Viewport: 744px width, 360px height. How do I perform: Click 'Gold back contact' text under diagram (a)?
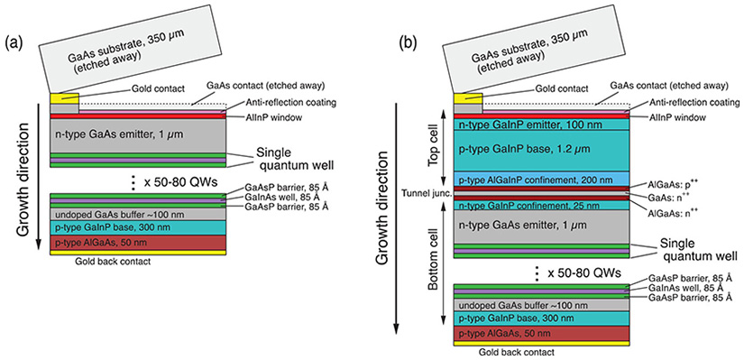[x=108, y=263]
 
